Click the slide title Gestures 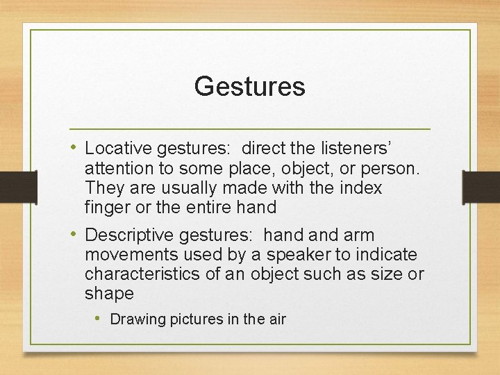click(249, 87)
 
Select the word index click(362, 187)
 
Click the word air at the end click(276, 319)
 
